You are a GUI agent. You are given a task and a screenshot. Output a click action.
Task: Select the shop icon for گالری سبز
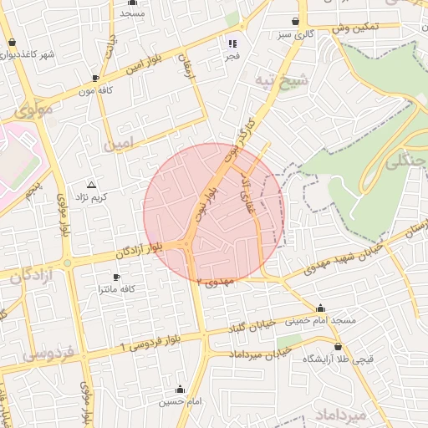(296, 22)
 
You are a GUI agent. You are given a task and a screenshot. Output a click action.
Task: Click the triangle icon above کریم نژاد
(92, 184)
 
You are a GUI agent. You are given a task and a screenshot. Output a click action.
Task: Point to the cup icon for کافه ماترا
(116, 277)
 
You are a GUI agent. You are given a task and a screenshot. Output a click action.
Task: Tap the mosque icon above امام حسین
(181, 390)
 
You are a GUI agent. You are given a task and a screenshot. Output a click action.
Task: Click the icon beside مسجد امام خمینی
(321, 308)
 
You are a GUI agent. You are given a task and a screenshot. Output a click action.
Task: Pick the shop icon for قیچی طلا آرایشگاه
(338, 346)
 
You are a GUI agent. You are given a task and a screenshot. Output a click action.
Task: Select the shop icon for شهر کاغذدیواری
(11, 43)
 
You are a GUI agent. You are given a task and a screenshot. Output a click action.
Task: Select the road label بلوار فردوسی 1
(153, 342)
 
